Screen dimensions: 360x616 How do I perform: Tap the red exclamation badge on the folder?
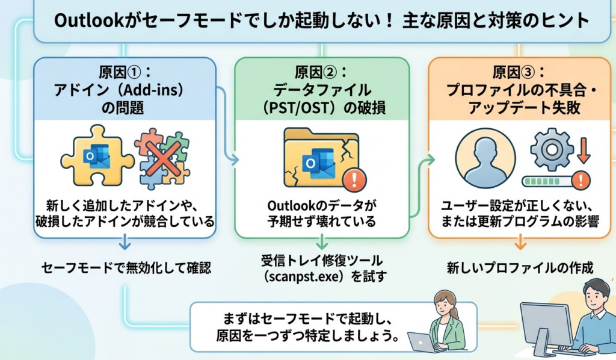click(357, 178)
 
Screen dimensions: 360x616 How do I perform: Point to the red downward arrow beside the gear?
click(582, 149)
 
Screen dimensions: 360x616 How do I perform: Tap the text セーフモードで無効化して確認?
click(126, 268)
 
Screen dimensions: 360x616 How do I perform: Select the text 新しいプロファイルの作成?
click(520, 268)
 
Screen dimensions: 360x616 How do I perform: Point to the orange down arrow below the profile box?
click(520, 243)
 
